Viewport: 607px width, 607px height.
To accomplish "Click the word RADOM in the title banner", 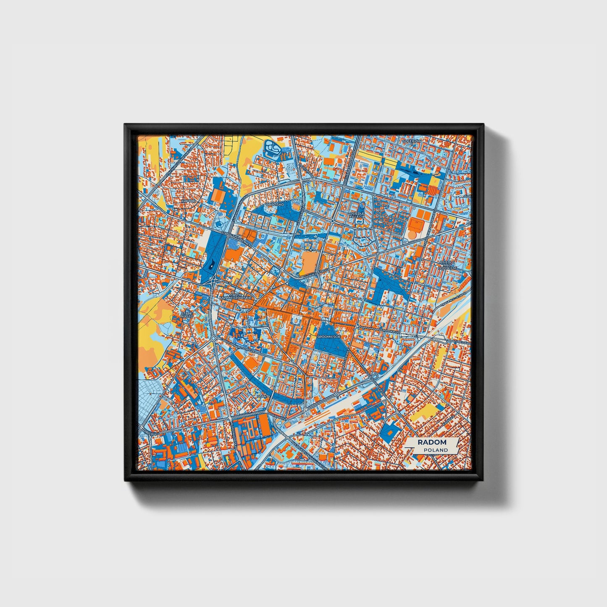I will tap(432, 442).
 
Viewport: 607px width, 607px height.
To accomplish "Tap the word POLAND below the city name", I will tap(436, 450).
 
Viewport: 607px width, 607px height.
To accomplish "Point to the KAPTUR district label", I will tap(188, 201).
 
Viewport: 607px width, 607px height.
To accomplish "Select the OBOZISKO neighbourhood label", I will tap(275, 204).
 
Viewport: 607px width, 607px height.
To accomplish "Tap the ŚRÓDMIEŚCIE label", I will tap(329, 336).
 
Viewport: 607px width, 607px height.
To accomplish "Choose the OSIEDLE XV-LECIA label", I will tap(357, 215).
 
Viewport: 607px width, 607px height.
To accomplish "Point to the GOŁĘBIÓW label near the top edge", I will tap(411, 141).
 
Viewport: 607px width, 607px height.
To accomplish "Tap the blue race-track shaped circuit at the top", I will tap(272, 148).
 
